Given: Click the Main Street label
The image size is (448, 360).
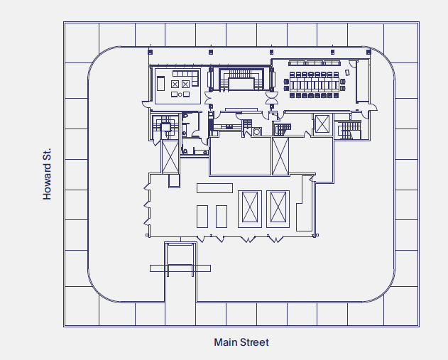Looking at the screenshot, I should (241, 342).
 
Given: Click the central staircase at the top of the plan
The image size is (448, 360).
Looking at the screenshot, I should (239, 80).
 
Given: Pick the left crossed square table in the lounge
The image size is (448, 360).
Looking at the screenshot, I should (175, 84).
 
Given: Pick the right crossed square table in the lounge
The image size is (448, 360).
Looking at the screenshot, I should (186, 84).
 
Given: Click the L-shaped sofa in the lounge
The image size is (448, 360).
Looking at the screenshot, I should (187, 74).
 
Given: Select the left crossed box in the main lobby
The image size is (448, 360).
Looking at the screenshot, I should (250, 208).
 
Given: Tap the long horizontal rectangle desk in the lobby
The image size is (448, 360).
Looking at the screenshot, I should (214, 187).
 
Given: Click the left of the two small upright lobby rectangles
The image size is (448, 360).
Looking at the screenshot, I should (202, 215).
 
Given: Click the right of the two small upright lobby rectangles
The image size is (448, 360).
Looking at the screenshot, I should (221, 215).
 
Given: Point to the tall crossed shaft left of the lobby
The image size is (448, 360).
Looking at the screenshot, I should (170, 156).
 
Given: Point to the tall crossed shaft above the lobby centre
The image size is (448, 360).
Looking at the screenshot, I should (280, 156).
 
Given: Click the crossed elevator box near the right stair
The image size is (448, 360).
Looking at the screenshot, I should (322, 124).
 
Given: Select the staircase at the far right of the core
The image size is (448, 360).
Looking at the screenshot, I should (349, 129).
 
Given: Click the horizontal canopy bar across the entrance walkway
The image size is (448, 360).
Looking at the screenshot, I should (180, 268).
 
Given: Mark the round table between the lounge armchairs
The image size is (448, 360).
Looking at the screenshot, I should (180, 94).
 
